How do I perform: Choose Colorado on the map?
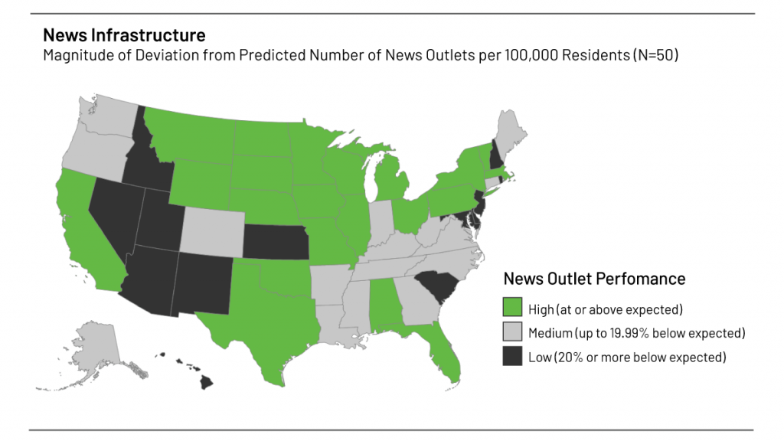click(x=211, y=229)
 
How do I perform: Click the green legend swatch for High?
click(x=512, y=309)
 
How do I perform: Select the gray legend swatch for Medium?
click(x=512, y=333)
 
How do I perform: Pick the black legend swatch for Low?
click(x=512, y=357)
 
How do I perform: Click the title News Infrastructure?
click(x=124, y=35)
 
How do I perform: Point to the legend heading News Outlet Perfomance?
click(x=593, y=279)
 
